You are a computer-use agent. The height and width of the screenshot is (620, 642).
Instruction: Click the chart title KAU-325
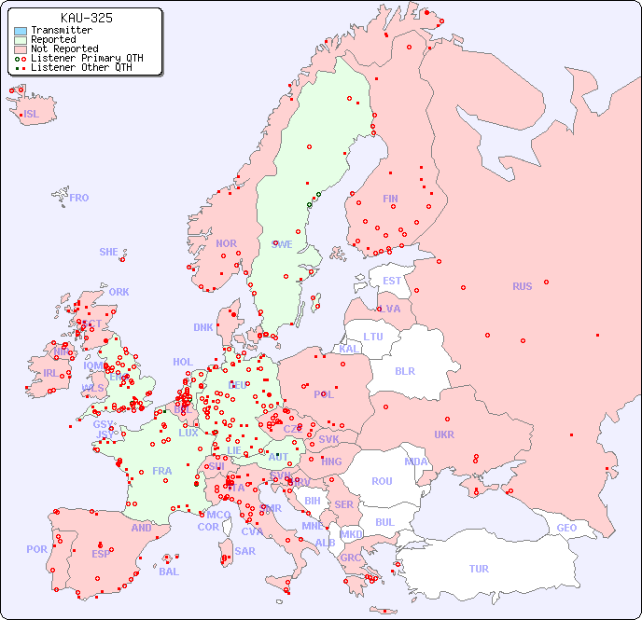86,18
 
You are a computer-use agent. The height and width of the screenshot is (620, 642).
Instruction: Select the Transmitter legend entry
61,30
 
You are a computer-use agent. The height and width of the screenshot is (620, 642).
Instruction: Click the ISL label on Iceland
32,115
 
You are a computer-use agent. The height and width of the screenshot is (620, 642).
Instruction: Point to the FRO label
79,198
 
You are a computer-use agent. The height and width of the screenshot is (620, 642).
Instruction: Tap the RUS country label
522,286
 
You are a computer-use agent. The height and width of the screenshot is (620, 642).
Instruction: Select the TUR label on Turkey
479,569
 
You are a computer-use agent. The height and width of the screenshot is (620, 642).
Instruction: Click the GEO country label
566,528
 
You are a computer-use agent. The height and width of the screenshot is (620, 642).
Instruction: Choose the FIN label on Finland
390,199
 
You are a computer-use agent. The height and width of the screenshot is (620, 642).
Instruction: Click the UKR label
444,434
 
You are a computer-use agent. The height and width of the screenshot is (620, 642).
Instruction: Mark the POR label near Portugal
36,549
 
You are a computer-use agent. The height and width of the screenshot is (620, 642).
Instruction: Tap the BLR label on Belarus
405,370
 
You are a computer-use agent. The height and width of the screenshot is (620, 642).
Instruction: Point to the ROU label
382,481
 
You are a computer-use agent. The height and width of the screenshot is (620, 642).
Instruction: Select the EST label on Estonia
392,281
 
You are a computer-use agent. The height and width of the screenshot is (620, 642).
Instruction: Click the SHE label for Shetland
109,252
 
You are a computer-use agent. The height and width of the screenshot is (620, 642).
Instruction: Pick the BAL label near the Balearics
168,572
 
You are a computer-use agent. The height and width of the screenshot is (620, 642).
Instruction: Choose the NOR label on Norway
226,243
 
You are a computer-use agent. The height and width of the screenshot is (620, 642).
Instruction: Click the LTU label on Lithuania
373,337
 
